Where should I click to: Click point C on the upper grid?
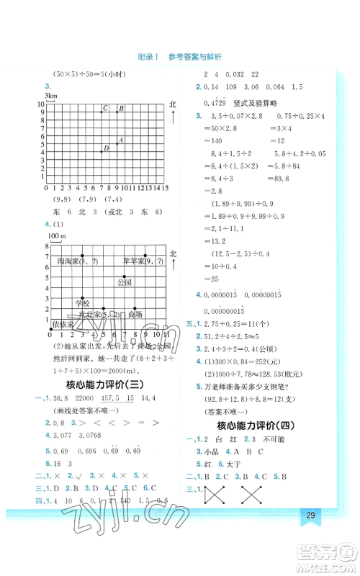click(x=102, y=112)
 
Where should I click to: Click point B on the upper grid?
click(x=118, y=112)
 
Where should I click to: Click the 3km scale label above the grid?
click(x=50, y=96)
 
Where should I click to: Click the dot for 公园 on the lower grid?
click(x=124, y=277)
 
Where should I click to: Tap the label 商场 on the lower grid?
click(x=135, y=314)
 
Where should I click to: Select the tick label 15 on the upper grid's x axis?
click(x=165, y=187)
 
